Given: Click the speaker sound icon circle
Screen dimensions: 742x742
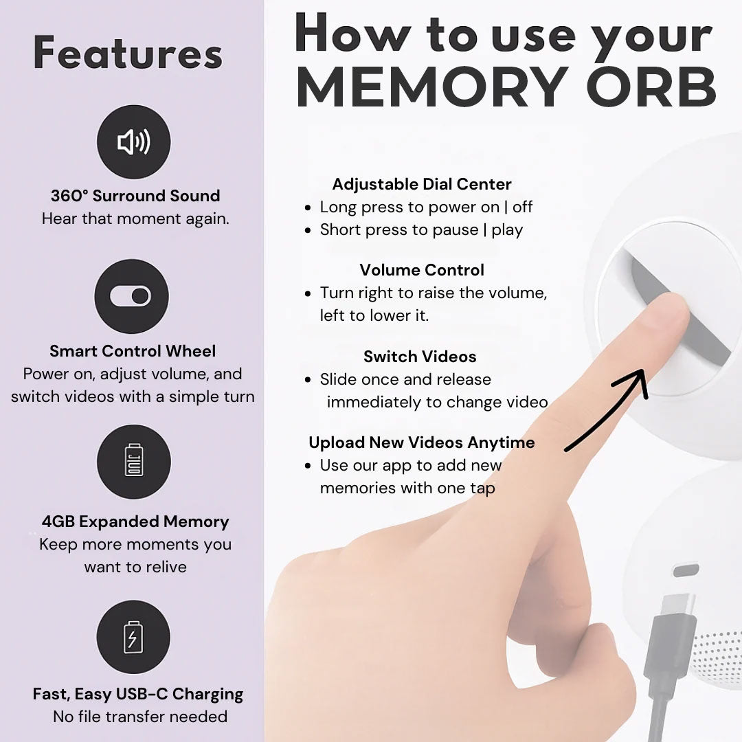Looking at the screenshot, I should (133, 143).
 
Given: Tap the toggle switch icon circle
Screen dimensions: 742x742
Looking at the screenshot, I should (131, 296).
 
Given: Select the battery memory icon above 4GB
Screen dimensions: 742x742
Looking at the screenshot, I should (133, 462).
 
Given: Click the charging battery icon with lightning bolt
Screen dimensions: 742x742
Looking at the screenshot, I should (133, 637).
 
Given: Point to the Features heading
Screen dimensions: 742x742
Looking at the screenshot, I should (128, 54).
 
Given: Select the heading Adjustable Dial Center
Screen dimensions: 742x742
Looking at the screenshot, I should (422, 184).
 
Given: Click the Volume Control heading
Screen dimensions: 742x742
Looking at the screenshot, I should (422, 269).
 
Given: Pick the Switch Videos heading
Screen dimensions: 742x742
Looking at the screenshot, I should (420, 357).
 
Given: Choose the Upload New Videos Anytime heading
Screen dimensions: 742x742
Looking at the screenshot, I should (422, 442).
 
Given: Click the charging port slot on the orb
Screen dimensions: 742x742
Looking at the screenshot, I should (685, 570).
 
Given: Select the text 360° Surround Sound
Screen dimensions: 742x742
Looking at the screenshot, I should (135, 196).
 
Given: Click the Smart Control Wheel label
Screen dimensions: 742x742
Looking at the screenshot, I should (133, 351).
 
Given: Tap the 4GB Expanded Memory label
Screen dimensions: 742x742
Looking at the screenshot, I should (135, 521).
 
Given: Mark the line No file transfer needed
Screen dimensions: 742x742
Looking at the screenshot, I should (140, 717).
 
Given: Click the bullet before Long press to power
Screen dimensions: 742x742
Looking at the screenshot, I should (308, 208).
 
